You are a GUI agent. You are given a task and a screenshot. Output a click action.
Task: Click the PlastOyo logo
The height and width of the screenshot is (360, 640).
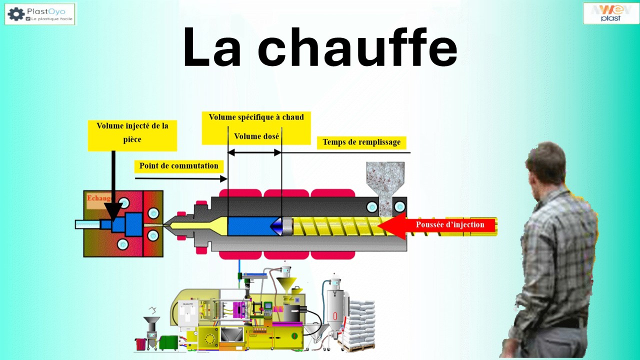[40, 13]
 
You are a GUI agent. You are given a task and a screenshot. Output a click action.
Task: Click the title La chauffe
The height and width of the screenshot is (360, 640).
[320, 47]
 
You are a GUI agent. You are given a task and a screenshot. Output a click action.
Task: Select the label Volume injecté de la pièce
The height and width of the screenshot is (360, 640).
[132, 132]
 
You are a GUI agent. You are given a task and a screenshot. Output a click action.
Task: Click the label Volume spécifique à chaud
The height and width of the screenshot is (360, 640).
[256, 117]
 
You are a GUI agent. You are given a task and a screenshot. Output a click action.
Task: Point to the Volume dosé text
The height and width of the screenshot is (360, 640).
[256, 136]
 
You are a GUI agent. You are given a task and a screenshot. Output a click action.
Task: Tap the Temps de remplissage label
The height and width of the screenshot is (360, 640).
[361, 142]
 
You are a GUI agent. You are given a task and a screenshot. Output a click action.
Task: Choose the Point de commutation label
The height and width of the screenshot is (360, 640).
[178, 166]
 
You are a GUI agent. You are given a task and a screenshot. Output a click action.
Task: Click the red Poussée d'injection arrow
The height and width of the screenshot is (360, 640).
[440, 225]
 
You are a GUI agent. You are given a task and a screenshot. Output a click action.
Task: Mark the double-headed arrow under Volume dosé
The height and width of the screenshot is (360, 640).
[254, 152]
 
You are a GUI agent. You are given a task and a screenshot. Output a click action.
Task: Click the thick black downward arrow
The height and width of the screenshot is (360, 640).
[113, 190]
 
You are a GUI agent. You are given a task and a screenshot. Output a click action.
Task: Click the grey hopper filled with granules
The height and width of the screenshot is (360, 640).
[385, 180]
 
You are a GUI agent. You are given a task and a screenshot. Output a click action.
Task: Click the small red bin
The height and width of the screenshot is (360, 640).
[140, 343]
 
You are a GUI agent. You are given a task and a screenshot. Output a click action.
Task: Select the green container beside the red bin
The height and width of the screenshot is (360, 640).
[167, 342]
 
